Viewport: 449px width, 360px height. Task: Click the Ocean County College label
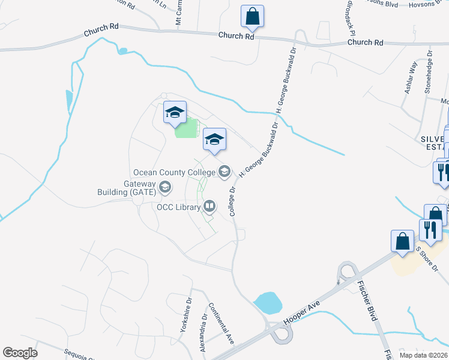coord(174,172)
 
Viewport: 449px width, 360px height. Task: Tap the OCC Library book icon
coord(209,207)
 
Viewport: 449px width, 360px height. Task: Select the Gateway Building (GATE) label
coord(131,187)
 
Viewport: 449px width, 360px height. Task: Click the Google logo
coord(20,352)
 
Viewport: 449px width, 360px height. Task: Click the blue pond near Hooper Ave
coord(267,303)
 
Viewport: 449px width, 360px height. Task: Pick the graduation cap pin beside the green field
coord(175,113)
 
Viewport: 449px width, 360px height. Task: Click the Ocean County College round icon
coord(224,172)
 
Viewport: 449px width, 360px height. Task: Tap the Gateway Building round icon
coord(164,188)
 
